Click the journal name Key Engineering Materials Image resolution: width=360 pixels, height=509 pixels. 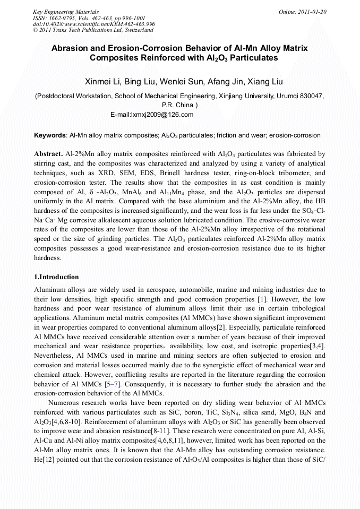65,12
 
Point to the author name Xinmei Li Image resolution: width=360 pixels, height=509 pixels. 102,82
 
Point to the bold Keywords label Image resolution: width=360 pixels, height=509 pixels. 50,135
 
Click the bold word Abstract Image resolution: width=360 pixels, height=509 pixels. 48,153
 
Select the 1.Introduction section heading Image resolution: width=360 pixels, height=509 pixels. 56,277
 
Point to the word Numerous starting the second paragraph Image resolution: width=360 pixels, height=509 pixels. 65,402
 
